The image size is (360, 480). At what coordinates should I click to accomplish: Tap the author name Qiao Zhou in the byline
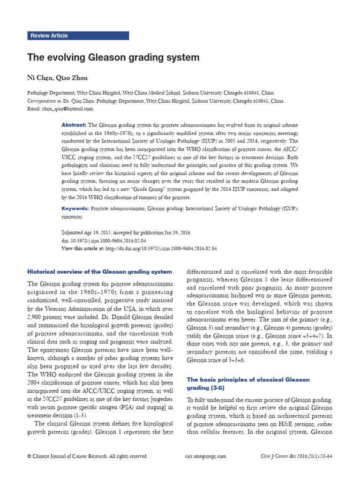pyautogui.click(x=74, y=77)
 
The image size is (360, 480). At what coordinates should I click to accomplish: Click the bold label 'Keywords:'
pyautogui.click(x=75, y=208)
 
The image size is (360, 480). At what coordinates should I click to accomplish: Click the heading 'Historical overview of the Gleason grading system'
pyautogui.click(x=100, y=271)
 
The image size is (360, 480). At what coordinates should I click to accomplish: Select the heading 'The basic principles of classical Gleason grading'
pyautogui.click(x=248, y=383)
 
